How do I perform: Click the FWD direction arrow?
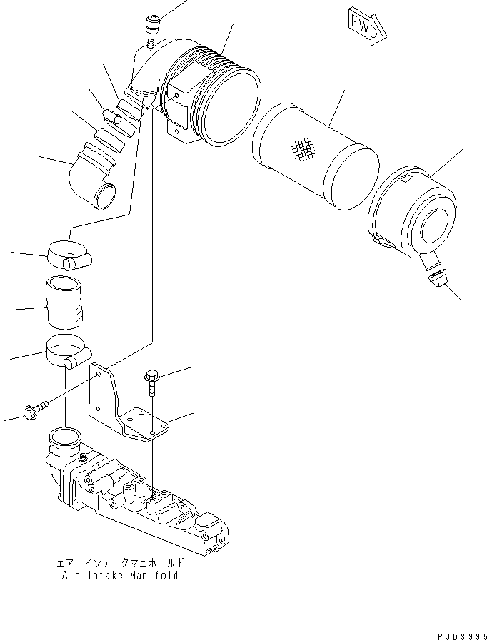point(367,26)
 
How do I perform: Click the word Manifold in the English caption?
point(154,576)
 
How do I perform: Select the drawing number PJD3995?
point(462,636)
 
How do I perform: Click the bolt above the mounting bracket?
point(151,382)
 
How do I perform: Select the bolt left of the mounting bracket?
point(36,409)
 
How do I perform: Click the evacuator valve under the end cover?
point(438,279)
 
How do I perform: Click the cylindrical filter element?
point(316,157)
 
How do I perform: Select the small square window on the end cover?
point(407,179)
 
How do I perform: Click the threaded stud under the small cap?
point(150,42)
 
